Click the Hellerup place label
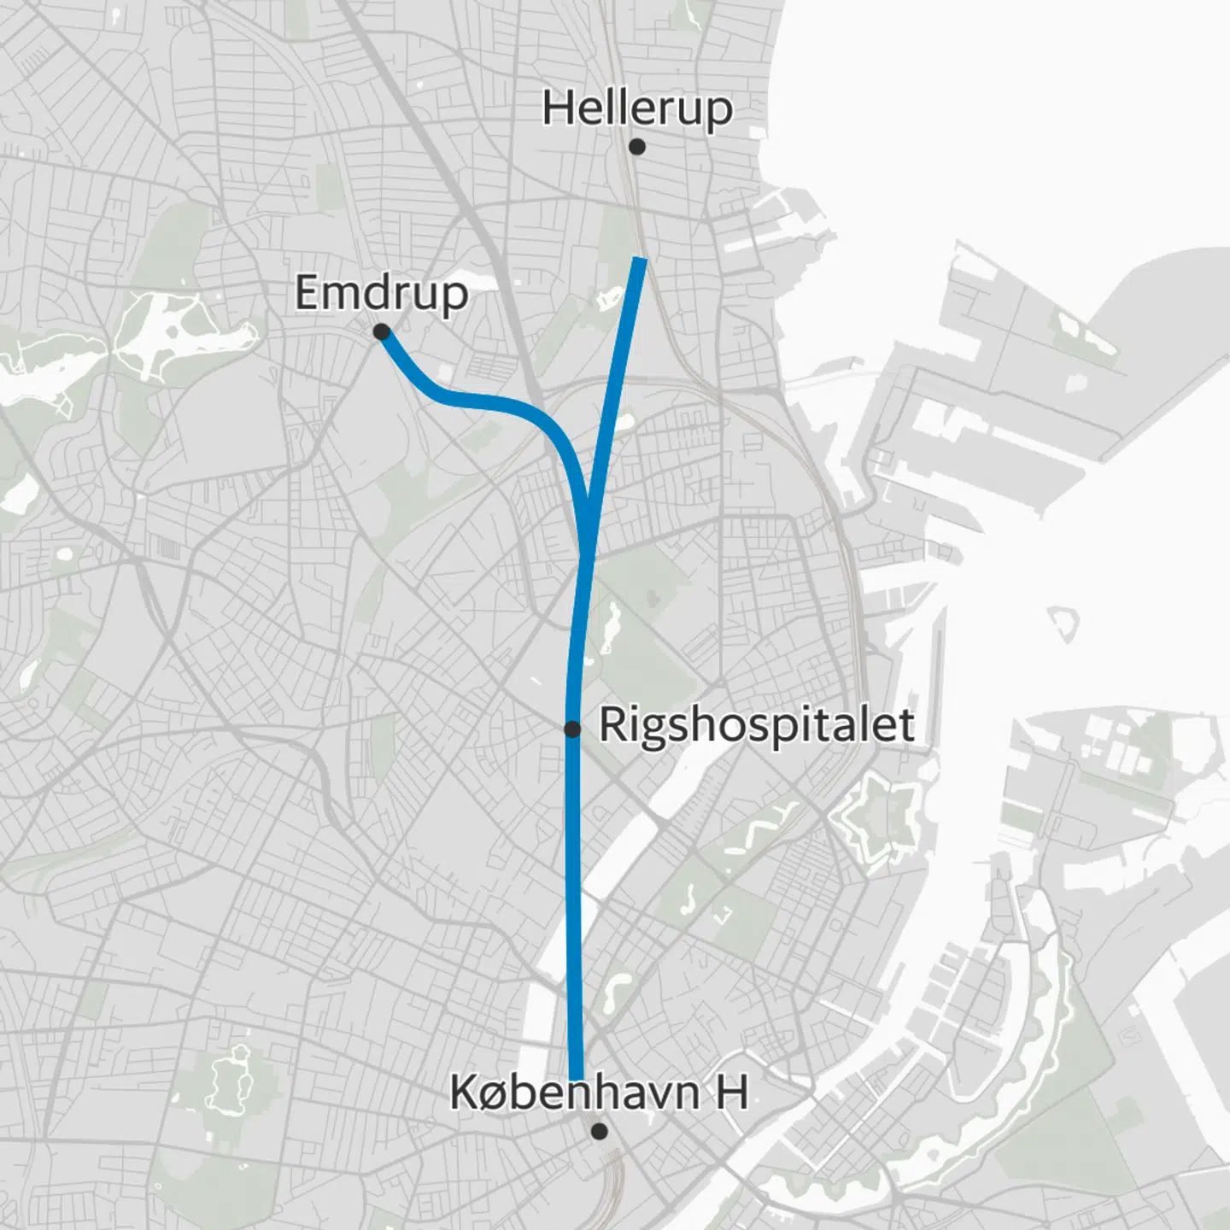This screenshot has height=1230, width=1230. [637, 109]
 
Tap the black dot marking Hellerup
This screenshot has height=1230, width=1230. [636, 147]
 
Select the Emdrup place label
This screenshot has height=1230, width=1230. [382, 293]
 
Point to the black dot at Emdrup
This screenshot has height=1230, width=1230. [382, 331]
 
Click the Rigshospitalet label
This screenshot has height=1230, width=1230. [757, 725]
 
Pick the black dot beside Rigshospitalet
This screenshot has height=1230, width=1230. [572, 729]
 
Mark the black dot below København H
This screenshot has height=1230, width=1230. [600, 1131]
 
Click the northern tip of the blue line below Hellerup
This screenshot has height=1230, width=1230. [640, 259]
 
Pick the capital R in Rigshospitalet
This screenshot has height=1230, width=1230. [611, 725]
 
